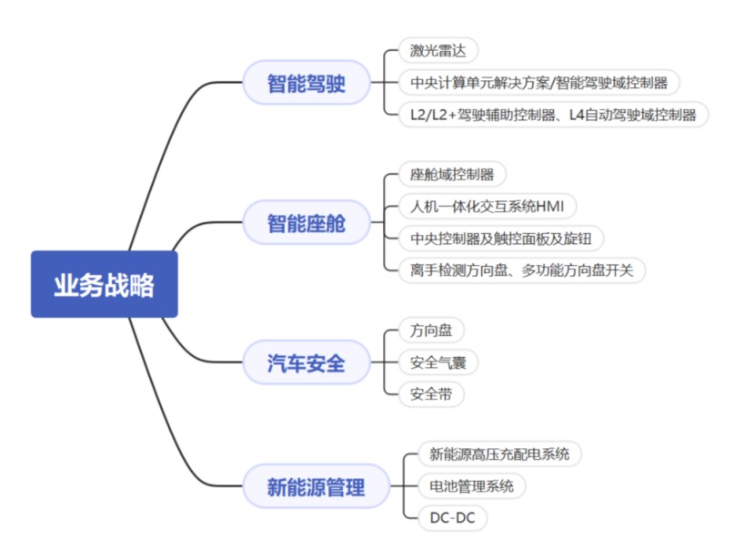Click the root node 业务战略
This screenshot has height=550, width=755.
coord(104,284)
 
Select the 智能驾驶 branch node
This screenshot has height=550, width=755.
coord(306,83)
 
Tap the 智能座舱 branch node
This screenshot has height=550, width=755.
coord(306,223)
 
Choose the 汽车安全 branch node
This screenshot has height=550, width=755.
coord(306,363)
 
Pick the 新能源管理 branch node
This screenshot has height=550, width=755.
coord(316,486)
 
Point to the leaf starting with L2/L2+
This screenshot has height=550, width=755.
coord(553,115)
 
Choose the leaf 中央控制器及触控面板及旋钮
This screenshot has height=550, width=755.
coord(501,239)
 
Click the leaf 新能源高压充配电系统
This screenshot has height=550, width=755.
coord(499,453)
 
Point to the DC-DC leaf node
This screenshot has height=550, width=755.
coord(452,518)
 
